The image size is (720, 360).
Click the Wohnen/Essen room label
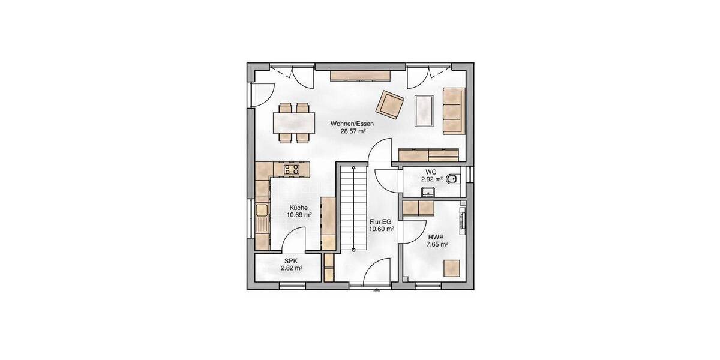coord(348,124)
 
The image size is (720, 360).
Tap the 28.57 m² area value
coord(349,131)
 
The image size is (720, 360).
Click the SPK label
coord(290,261)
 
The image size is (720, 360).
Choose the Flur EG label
coord(381,221)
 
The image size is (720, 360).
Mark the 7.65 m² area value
coord(436,244)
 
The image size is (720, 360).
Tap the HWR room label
coord(436,236)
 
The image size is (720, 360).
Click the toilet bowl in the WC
coord(453,178)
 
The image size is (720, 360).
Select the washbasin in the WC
coord(428,191)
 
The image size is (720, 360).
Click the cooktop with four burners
coord(292,169)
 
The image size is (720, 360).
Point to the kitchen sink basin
coord(261,211)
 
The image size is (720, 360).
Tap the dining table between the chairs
coord(294,123)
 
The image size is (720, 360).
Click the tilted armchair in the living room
coord(389,103)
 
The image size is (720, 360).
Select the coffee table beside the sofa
coord(425,110)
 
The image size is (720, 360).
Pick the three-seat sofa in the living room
coord(453,110)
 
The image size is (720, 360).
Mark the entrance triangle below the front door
coord(377,292)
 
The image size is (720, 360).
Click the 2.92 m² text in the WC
coord(431,179)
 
